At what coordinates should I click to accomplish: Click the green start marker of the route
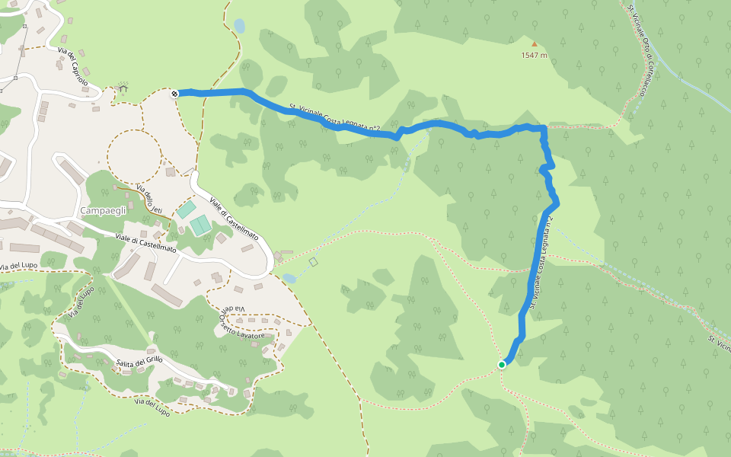[x=502, y=365]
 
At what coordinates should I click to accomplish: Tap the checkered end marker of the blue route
[x=175, y=94]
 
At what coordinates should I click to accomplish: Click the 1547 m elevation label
[x=534, y=55]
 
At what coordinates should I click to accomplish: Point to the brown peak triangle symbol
[x=534, y=44]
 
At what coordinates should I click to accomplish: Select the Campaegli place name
[x=103, y=210]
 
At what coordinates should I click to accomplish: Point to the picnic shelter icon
[x=123, y=88]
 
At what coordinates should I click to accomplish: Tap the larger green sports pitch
[x=200, y=225]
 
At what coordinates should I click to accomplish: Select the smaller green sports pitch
[x=187, y=209]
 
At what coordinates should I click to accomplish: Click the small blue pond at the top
[x=240, y=26]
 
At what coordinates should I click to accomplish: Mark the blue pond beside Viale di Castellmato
[x=289, y=279]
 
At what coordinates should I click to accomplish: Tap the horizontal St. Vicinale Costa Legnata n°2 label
[x=334, y=119]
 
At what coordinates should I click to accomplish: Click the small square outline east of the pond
[x=313, y=262]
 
